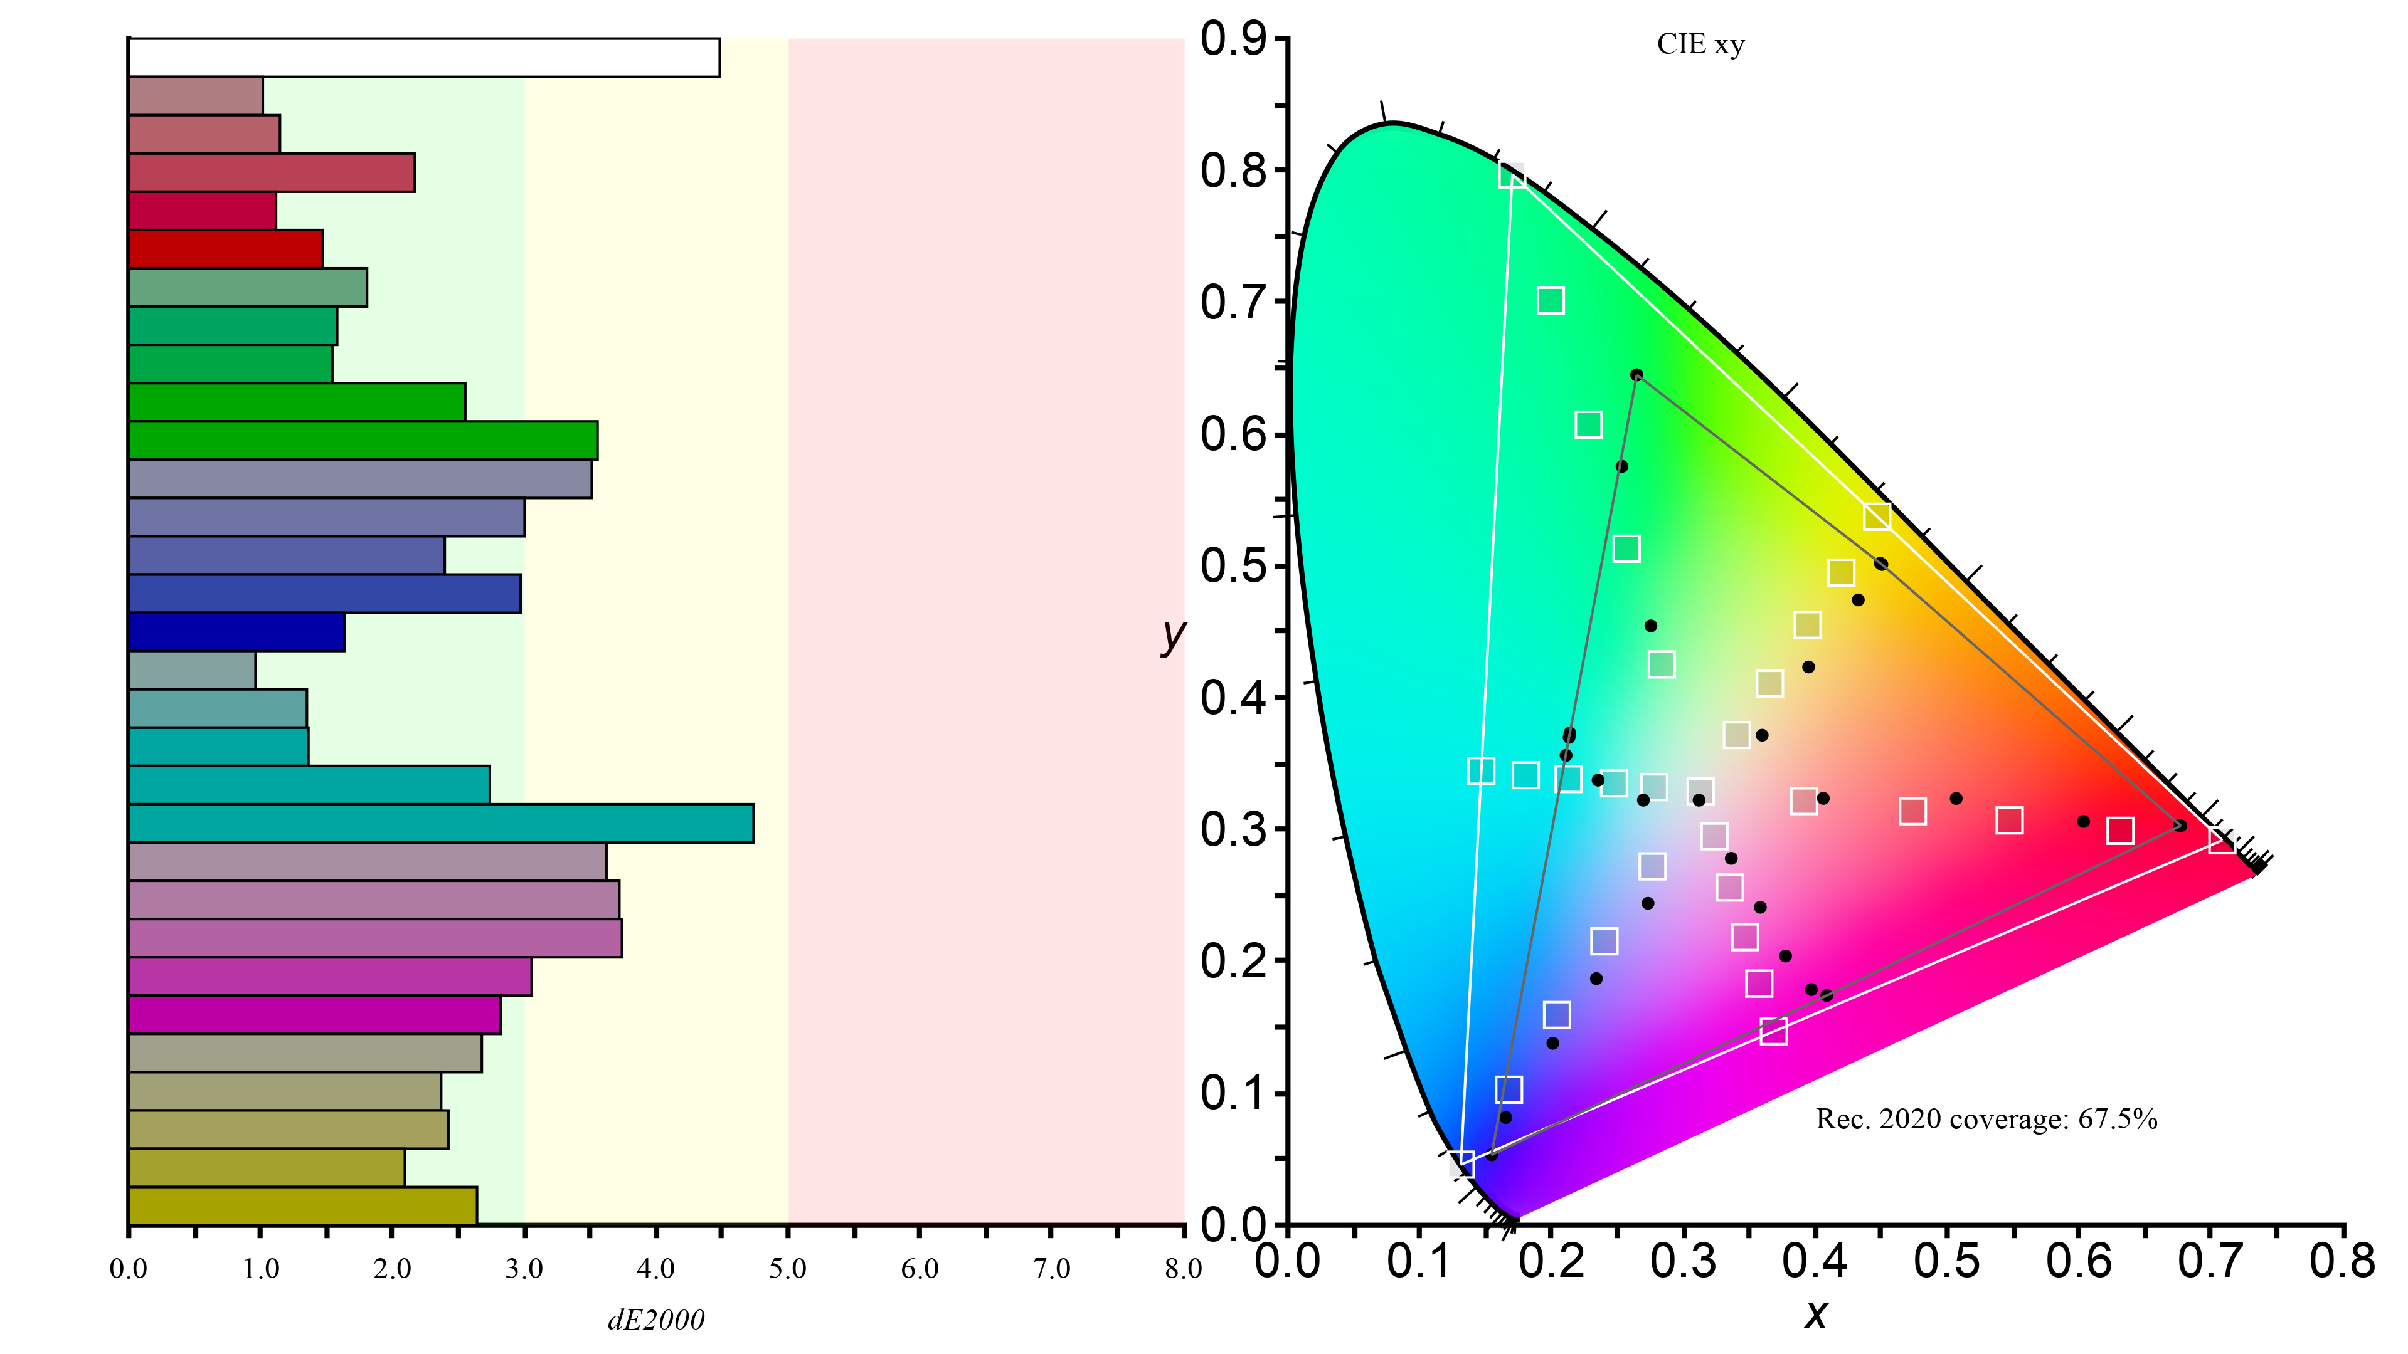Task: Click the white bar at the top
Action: click(x=423, y=57)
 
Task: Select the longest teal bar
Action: click(x=440, y=823)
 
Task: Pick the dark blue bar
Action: click(x=236, y=632)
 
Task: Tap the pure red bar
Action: click(x=225, y=249)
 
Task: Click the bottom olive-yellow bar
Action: click(x=302, y=1205)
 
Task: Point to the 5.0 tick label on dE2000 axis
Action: click(x=787, y=1268)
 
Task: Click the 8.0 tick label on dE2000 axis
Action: click(x=1182, y=1268)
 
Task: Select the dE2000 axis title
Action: click(x=656, y=1320)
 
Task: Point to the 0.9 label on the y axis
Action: click(x=1233, y=39)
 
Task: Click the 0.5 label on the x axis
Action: click(x=1947, y=1261)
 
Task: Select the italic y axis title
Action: click(x=1172, y=636)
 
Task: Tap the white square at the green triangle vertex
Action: click(x=1512, y=175)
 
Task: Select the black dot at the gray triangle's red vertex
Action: click(x=2180, y=825)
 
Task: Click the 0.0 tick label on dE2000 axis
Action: click(x=128, y=1268)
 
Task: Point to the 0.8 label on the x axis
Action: click(x=2342, y=1261)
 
